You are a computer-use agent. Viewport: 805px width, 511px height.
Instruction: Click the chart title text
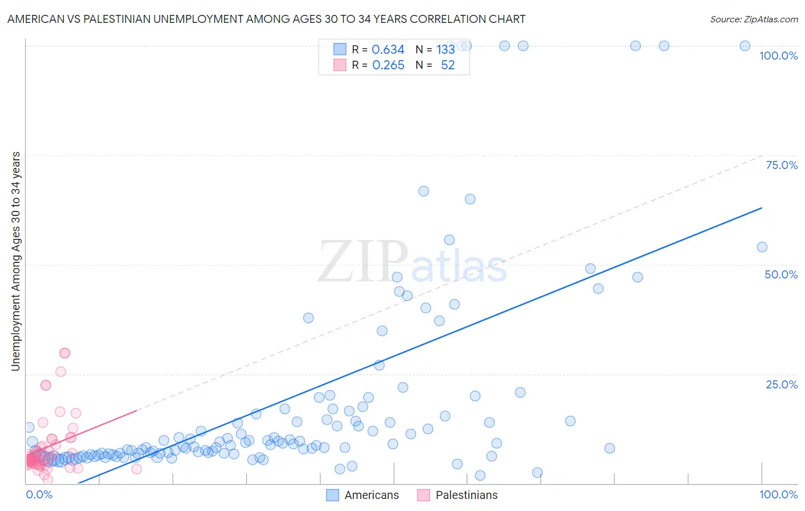266,19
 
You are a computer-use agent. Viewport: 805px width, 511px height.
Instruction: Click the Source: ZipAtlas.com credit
753,19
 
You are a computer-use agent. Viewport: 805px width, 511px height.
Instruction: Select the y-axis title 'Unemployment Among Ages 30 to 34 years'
15,261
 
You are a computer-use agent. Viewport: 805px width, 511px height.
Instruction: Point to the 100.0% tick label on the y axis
778,56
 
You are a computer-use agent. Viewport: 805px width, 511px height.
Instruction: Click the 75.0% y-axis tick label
782,165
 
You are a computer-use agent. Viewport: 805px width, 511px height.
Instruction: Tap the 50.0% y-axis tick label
781,274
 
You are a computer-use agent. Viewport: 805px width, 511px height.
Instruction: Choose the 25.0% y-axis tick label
782,384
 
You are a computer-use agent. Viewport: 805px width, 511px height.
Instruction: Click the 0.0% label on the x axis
39,494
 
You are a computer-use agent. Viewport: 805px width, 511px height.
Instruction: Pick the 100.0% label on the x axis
778,494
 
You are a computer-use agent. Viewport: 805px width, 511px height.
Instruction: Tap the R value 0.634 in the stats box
388,49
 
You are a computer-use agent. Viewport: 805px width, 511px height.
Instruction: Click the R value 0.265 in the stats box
388,65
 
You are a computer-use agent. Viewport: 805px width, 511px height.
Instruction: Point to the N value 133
445,49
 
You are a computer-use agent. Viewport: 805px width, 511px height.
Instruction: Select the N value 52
448,65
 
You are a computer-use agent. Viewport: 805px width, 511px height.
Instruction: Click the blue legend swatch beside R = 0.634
340,49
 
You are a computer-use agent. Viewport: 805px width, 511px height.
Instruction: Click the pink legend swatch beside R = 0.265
340,65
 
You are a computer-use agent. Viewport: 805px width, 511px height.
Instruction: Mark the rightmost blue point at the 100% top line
745,46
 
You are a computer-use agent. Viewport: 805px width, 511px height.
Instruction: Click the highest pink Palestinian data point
65,353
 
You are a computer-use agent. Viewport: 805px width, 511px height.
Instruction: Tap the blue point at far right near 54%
762,247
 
